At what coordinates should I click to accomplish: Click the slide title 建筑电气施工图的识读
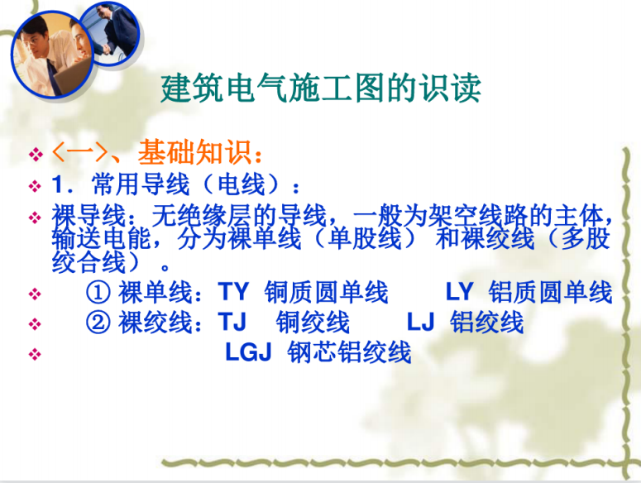pos(321,88)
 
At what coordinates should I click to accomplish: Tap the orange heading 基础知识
pos(194,152)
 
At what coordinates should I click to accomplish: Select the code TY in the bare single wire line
pos(233,292)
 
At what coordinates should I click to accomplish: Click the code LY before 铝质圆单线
pos(460,292)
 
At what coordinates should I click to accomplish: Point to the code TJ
pos(232,322)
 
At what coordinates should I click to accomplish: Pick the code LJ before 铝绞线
pos(420,322)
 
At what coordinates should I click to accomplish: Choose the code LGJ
pos(249,351)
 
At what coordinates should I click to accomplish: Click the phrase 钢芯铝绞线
pos(349,351)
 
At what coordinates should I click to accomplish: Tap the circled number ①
pos(98,292)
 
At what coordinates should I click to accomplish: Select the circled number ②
pos(98,322)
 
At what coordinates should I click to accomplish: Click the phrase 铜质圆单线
pos(326,292)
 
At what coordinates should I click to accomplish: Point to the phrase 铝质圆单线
pos(550,292)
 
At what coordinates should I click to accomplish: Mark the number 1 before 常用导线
pos(57,184)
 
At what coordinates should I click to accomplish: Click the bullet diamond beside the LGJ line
pos(35,354)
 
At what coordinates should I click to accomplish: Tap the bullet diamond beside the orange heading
pos(36,155)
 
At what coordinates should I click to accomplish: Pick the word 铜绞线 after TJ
pos(313,322)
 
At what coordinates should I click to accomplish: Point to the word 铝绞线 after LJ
pos(486,322)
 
